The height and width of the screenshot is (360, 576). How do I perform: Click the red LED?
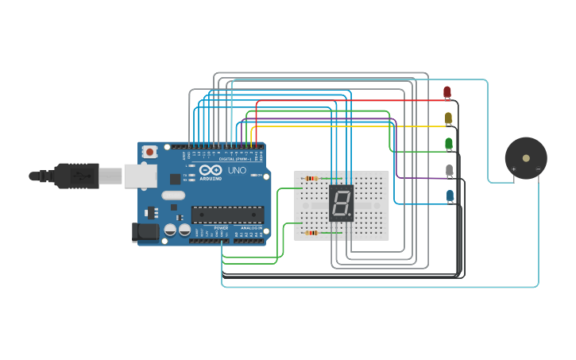tap(446, 93)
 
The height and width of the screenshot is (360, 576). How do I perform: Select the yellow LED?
tap(448, 118)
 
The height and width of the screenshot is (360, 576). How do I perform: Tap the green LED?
tap(449, 144)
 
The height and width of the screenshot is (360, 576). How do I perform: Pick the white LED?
tap(450, 170)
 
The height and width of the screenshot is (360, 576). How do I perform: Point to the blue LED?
tap(450, 195)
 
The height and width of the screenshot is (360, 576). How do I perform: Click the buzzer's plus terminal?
tap(513, 169)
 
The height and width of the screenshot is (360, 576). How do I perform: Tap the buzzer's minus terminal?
tap(538, 169)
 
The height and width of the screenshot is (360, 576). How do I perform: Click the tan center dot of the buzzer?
tap(525, 158)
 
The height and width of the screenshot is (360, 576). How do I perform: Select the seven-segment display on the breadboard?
tap(341, 204)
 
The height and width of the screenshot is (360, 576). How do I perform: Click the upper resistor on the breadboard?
tap(311, 178)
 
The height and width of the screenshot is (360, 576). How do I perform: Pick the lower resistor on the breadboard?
tap(311, 233)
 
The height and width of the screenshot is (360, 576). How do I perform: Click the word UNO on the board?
tap(237, 171)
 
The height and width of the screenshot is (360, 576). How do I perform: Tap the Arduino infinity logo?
tap(211, 170)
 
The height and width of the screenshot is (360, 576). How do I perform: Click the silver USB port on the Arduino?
tap(140, 176)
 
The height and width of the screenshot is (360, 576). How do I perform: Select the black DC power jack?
tap(145, 232)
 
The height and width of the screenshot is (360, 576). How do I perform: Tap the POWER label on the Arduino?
tap(220, 228)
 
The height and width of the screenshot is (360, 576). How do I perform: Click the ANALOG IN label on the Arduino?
tap(253, 228)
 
